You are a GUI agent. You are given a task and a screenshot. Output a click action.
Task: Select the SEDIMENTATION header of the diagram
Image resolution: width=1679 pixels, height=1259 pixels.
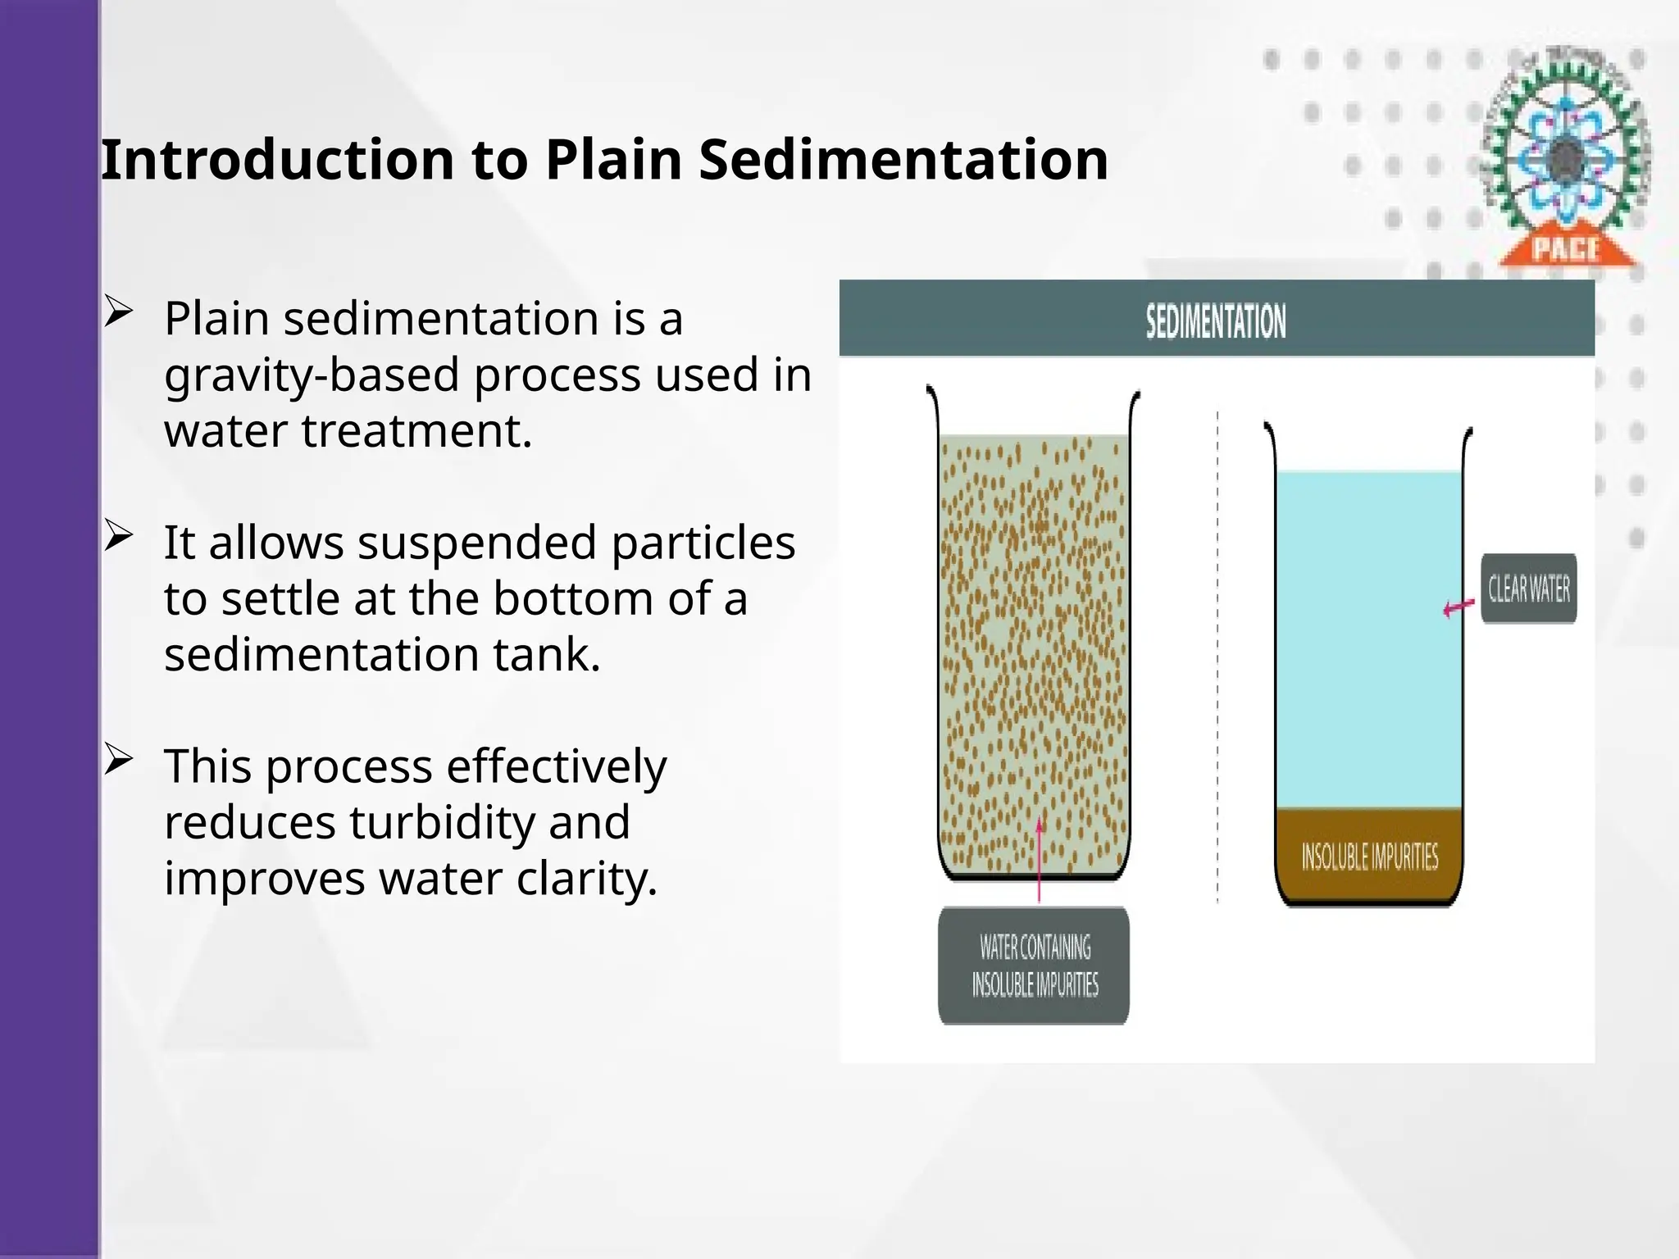point(1216,321)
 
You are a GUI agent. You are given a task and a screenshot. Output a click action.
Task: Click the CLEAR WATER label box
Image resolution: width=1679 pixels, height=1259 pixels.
point(1528,589)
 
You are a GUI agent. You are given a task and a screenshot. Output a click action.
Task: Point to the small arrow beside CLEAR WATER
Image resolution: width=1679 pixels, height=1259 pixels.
point(1458,608)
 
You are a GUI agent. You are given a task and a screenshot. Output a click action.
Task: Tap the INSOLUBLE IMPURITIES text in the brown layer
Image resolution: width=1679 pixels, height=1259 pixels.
point(1369,857)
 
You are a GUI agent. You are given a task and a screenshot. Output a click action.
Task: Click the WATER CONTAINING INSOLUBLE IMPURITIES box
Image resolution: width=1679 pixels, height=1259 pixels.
point(1034,966)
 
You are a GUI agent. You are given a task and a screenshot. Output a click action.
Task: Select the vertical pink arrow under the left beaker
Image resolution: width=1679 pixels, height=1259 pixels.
point(1040,861)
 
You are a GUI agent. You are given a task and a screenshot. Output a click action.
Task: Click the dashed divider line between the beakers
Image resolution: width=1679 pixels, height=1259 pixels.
point(1217,656)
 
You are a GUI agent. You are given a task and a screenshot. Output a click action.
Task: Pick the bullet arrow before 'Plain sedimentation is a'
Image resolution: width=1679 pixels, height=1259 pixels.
point(119,313)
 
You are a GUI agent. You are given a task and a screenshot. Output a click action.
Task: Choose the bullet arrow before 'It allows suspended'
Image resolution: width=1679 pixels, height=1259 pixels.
point(119,537)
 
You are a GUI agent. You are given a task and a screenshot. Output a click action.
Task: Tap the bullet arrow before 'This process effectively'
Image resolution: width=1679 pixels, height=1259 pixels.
point(119,761)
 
